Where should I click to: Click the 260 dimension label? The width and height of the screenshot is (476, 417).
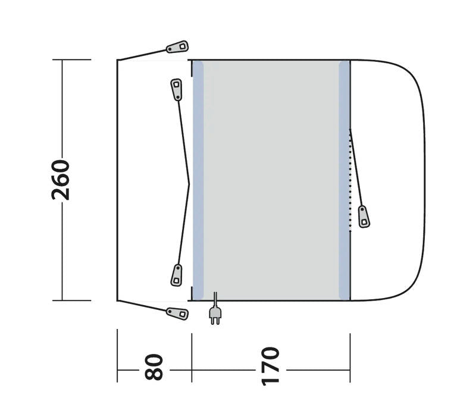pos(61,180)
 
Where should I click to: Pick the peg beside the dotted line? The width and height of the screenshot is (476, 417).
pos(364,217)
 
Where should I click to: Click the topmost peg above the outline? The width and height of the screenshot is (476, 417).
pos(177,47)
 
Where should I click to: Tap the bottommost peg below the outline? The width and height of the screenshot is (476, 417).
pos(177,312)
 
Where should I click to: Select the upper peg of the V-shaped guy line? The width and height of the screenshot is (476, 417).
pos(176,90)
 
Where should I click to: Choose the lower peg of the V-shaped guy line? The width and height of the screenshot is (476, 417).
pos(177,274)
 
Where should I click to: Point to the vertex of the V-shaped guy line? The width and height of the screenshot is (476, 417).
pos(189,184)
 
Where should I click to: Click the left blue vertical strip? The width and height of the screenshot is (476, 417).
pos(198,180)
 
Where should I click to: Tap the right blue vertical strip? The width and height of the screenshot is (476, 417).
pos(344,180)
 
